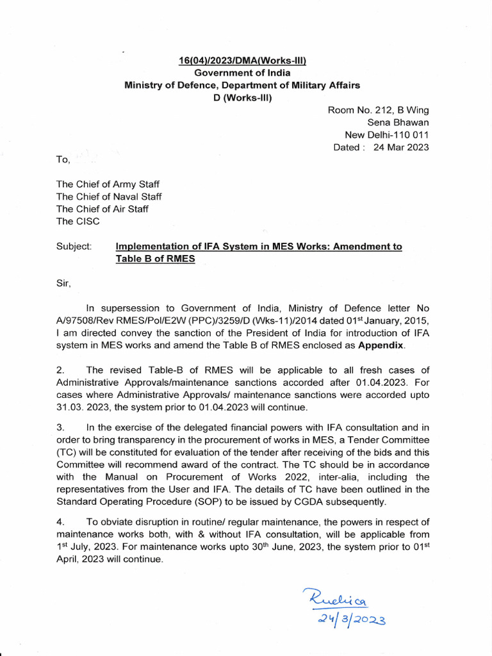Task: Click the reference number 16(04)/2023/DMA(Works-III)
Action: point(242,61)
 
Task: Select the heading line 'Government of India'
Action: point(242,73)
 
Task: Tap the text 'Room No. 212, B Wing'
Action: point(379,110)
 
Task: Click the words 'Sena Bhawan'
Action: point(398,122)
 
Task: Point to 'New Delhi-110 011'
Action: point(387,135)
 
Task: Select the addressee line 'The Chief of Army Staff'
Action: point(108,184)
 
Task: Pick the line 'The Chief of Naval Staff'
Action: point(109,197)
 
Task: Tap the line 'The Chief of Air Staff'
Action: point(103,209)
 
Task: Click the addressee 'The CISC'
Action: point(78,221)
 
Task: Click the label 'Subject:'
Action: point(74,247)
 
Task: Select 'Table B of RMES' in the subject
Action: point(155,259)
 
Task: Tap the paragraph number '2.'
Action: point(60,370)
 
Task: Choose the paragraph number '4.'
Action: point(60,521)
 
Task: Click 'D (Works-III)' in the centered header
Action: point(242,98)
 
